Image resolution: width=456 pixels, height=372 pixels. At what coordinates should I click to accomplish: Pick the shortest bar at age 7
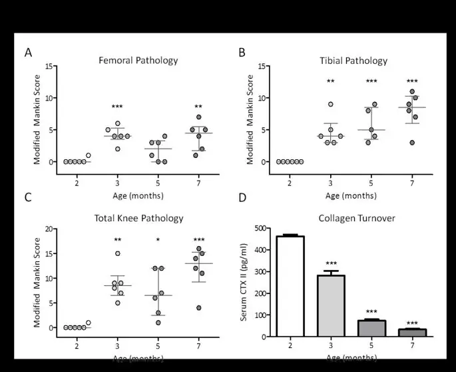pos(413,332)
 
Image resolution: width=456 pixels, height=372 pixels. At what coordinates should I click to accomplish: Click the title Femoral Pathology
pos(138,60)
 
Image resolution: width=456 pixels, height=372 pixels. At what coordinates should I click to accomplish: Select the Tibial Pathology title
pos(353,61)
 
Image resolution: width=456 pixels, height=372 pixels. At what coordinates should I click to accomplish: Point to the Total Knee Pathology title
pos(138,218)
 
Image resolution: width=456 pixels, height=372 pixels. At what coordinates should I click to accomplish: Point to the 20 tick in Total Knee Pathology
pos(49,229)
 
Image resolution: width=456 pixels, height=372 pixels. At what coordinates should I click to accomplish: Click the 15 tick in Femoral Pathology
pos(49,67)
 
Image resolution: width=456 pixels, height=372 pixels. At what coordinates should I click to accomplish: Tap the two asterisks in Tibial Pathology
pos(331,82)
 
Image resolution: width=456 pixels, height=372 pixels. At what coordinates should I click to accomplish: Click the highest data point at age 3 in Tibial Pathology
pos(331,104)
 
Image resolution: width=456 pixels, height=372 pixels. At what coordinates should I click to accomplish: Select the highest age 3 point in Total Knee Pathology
pos(118,253)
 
